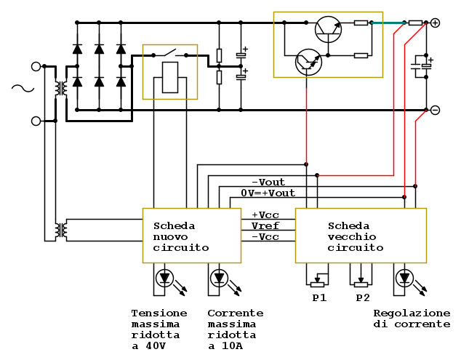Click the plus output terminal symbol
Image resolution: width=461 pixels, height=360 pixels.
(x=435, y=23)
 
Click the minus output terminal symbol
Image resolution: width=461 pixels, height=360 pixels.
(x=435, y=110)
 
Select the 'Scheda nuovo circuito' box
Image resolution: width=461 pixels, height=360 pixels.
(x=191, y=236)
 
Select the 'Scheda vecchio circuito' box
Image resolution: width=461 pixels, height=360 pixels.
(x=360, y=236)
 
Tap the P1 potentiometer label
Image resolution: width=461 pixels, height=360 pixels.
(x=318, y=298)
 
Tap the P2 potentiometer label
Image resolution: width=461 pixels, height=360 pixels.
(x=362, y=298)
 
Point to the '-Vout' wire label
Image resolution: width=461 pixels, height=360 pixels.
(x=268, y=182)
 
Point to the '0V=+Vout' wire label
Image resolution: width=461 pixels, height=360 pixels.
(x=268, y=193)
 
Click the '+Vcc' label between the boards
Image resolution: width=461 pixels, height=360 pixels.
(x=265, y=215)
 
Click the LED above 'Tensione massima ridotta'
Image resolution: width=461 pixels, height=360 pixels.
(x=165, y=278)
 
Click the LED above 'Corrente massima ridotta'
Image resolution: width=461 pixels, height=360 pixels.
(x=219, y=278)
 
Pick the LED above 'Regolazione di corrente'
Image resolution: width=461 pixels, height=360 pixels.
(x=404, y=278)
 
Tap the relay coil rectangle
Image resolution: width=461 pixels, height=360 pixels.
(x=169, y=77)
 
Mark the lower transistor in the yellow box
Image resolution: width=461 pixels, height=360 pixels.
(x=308, y=63)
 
